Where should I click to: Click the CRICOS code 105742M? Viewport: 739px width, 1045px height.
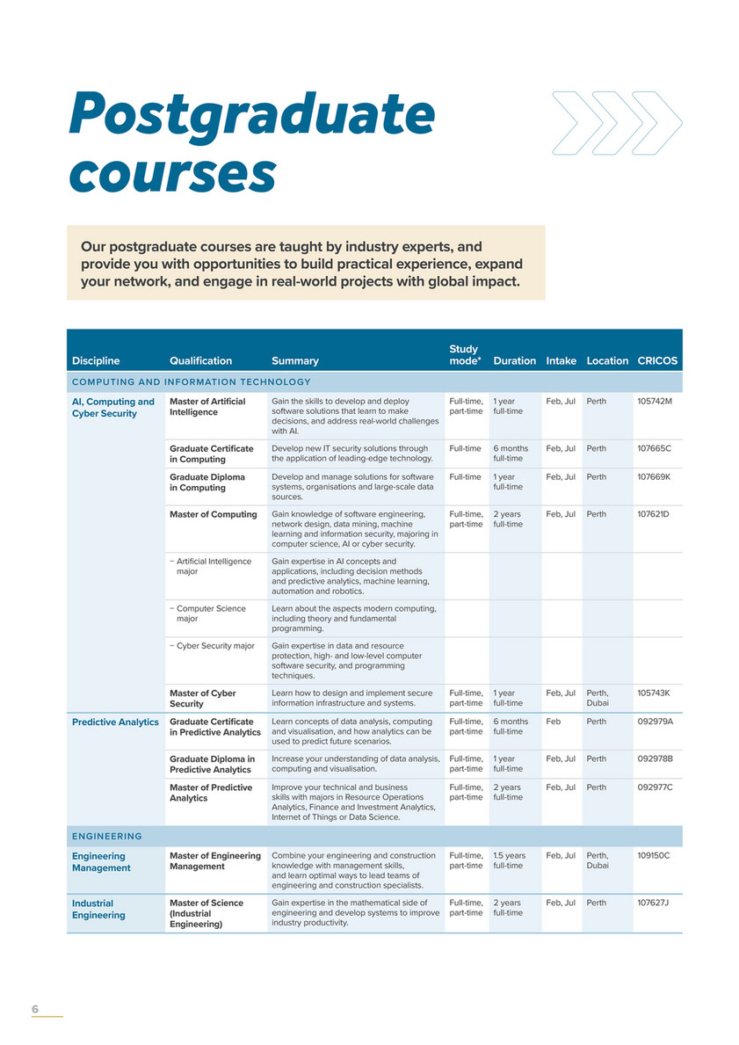tap(654, 402)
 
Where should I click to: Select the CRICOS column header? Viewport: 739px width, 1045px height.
tap(657, 360)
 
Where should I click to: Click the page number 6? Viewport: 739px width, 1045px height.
tap(35, 1009)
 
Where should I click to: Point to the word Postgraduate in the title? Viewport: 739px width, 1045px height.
tap(252, 115)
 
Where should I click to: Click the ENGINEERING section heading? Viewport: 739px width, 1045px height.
tap(107, 836)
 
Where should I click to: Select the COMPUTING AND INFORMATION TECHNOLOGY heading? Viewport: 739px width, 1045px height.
tap(192, 381)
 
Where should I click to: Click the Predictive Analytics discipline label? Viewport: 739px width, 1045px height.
tap(115, 722)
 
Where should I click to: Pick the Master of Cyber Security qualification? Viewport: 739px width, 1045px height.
tap(202, 699)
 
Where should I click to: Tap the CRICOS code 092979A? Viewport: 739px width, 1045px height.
tap(655, 722)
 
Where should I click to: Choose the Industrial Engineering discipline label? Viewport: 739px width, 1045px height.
tap(98, 909)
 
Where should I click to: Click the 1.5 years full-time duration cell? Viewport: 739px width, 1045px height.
tap(510, 860)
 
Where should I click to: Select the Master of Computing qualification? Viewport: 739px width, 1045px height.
tap(213, 514)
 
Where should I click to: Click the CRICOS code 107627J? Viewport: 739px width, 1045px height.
tap(653, 903)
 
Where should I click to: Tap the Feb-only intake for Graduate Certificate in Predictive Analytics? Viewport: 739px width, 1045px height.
tap(554, 722)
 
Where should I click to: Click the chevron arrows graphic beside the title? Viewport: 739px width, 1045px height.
tap(617, 122)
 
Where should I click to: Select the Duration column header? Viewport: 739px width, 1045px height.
tap(514, 360)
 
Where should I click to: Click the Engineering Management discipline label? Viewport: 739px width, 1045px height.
tap(101, 861)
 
